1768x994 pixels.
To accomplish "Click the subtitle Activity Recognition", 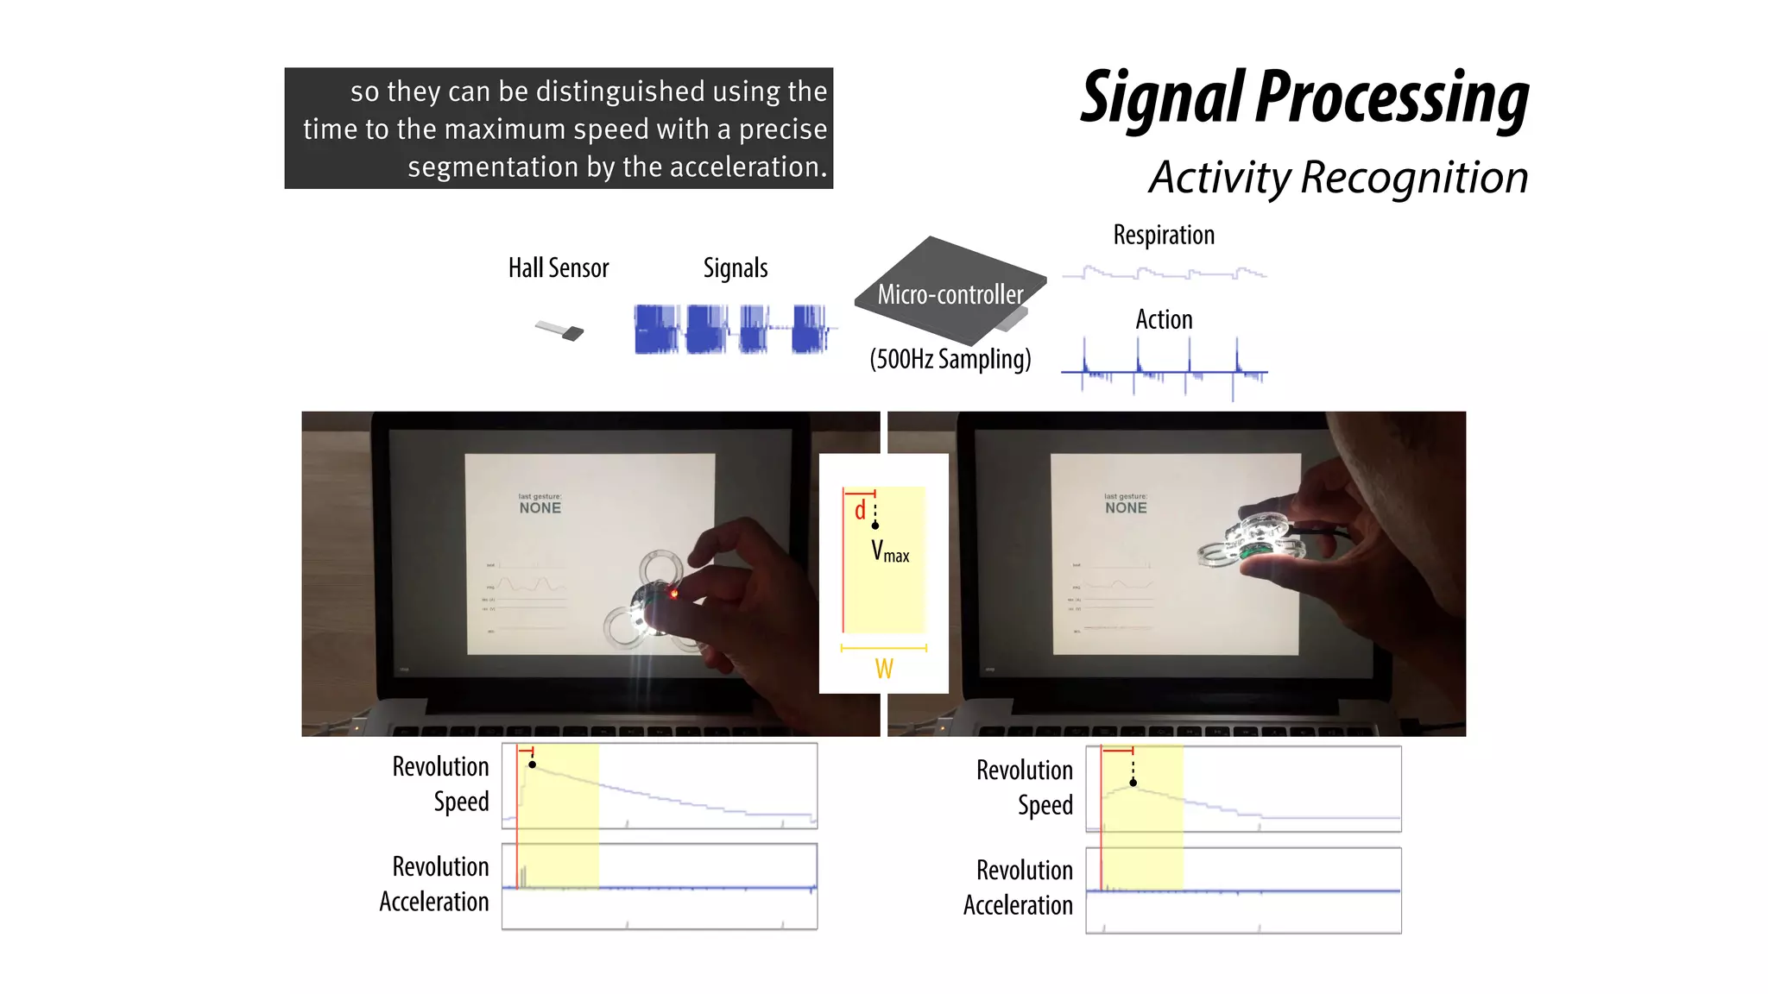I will [x=1337, y=178].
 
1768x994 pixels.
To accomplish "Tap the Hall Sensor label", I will [x=558, y=268].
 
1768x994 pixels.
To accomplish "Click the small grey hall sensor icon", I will [x=560, y=330].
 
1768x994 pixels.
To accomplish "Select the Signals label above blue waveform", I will [x=735, y=268].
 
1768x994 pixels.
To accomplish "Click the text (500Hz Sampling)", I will [x=950, y=359].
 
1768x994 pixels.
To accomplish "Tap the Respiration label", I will [x=1163, y=235].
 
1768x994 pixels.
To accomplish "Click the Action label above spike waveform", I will [x=1163, y=320].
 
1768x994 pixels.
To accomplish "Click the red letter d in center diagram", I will [x=859, y=511].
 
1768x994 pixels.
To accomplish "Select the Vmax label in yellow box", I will [x=889, y=551].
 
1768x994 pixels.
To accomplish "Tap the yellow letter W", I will [x=883, y=669].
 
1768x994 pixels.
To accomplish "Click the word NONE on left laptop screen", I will [x=540, y=508].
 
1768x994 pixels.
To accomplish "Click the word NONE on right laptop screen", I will [x=1126, y=508].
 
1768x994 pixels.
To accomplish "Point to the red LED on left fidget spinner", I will [x=673, y=594].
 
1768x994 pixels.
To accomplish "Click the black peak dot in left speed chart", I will [x=532, y=764].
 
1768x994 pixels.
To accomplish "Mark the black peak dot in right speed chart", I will [x=1133, y=783].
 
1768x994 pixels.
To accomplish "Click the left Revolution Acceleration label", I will [x=434, y=884].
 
